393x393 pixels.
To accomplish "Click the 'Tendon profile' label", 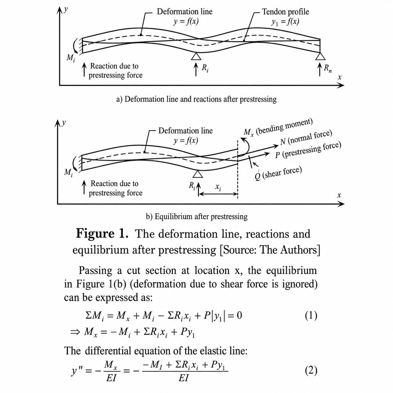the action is click(285, 12).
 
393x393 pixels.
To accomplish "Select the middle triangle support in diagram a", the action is click(196, 56).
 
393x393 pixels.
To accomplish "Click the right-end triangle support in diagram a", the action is click(320, 56).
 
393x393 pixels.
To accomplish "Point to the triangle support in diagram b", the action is click(198, 174).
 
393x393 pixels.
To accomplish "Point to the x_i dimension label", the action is click(218, 187).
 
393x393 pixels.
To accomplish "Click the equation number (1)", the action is click(311, 316).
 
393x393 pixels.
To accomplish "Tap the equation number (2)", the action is click(311, 370).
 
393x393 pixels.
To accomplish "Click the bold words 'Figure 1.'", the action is click(102, 234).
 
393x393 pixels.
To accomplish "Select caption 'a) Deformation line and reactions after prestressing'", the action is click(197, 99).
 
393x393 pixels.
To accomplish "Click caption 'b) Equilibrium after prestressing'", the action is click(197, 216).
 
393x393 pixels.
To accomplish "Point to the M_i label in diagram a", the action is click(71, 58).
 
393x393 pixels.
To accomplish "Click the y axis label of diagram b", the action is click(64, 123).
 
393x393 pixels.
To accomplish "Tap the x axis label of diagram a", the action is click(339, 77).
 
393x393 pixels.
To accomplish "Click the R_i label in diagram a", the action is click(205, 68).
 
